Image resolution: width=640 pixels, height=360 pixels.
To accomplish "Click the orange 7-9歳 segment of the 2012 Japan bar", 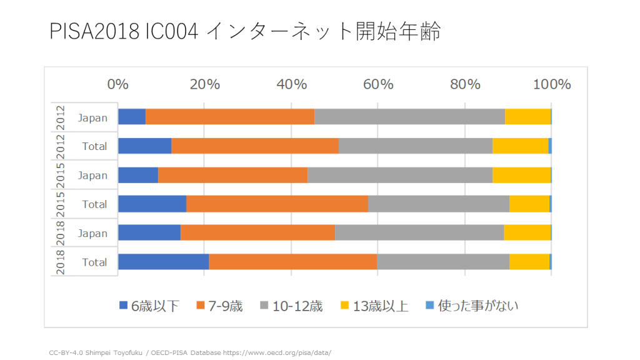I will pyautogui.click(x=230, y=117).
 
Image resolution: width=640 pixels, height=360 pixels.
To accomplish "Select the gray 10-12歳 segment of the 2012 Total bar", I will pyautogui.click(x=415, y=146).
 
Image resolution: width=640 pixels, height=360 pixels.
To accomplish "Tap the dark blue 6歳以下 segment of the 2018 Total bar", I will pyautogui.click(x=163, y=262).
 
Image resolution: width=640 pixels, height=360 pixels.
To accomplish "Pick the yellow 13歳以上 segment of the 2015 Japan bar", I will pyautogui.click(x=521, y=175).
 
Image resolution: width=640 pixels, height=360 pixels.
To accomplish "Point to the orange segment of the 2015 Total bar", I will pyautogui.click(x=277, y=204).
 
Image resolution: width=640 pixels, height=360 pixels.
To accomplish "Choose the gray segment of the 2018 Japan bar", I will pyautogui.click(x=419, y=233).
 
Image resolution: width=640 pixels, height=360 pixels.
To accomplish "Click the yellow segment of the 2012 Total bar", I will pyautogui.click(x=520, y=146).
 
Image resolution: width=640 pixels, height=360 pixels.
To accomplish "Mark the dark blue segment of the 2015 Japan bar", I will pyautogui.click(x=138, y=175).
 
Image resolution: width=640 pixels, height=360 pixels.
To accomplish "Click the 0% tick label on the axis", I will pyautogui.click(x=118, y=84).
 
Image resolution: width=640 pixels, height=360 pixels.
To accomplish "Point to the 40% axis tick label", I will pyautogui.click(x=292, y=84).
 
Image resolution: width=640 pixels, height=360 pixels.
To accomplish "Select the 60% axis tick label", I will pyautogui.click(x=379, y=84).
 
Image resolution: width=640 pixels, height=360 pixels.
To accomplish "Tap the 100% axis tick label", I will pyautogui.click(x=551, y=84).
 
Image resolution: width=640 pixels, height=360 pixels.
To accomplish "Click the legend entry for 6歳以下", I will pyautogui.click(x=149, y=306).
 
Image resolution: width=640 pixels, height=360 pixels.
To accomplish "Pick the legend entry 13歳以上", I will pyautogui.click(x=374, y=306).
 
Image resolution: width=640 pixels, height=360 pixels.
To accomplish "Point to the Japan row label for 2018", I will pyautogui.click(x=92, y=233).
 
